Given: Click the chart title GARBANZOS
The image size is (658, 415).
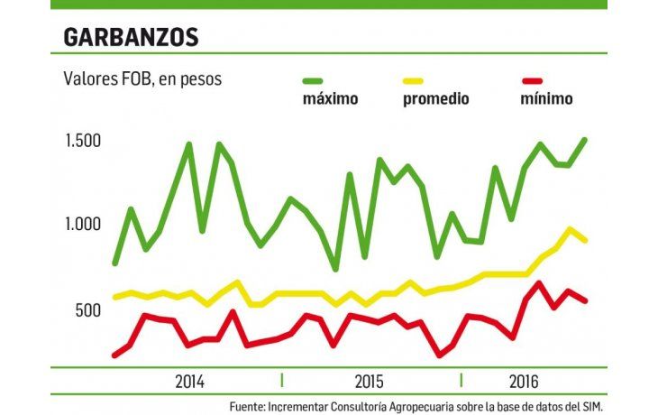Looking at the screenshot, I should [x=130, y=37].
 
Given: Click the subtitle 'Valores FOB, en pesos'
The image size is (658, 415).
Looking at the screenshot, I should [x=142, y=79].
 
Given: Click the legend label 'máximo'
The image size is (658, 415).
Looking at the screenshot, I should [x=330, y=99].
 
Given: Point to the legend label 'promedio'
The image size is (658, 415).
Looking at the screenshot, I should [x=435, y=99].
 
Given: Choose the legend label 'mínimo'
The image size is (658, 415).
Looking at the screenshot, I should [x=546, y=99].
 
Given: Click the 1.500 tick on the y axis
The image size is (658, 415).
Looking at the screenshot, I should [x=82, y=141].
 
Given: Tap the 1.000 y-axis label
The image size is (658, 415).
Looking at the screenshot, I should [x=82, y=225].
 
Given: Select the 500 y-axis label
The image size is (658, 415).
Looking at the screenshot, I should [x=87, y=310].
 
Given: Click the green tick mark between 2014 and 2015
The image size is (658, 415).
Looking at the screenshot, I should [x=282, y=379].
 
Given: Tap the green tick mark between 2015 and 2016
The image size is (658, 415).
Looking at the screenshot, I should [x=461, y=379].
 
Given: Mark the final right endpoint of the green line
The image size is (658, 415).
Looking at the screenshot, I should [x=585, y=140].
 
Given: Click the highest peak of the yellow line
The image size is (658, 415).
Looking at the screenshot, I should [x=570, y=229].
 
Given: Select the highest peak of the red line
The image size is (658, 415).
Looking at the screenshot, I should [x=539, y=283].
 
